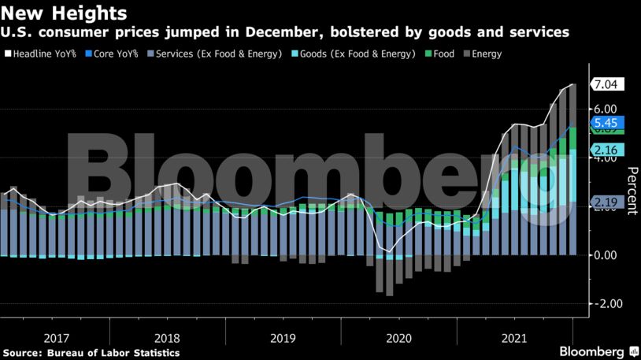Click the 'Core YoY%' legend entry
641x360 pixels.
[x=116, y=54]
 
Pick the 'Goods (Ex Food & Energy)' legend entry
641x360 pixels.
[x=357, y=54]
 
